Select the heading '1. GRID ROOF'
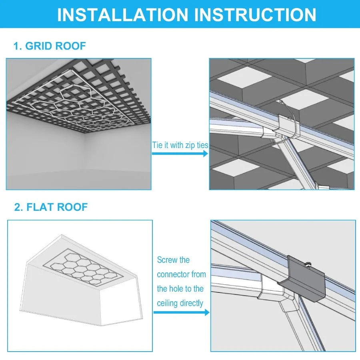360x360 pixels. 50,46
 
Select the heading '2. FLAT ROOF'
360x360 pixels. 51,207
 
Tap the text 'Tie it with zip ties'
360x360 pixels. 180,145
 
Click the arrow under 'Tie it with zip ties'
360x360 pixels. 180,154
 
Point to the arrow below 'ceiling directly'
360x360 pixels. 181,312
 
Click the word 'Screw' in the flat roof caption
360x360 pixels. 167,260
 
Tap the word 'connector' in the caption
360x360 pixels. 175,274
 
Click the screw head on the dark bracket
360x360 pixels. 308,264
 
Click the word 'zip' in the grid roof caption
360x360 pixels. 189,145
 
